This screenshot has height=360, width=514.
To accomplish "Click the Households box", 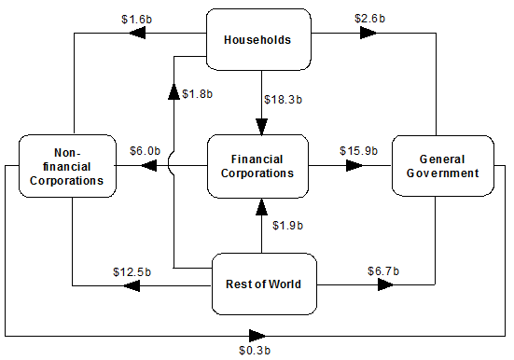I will [258, 39].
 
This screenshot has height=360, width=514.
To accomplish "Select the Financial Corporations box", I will [258, 166].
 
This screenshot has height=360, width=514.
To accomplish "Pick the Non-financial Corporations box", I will [67, 166].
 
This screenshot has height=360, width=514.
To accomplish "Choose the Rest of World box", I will [264, 284].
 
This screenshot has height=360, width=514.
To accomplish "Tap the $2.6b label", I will [373, 18].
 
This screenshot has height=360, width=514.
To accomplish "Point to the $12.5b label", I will [129, 270].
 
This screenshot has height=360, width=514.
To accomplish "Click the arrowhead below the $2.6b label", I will [367, 33].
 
